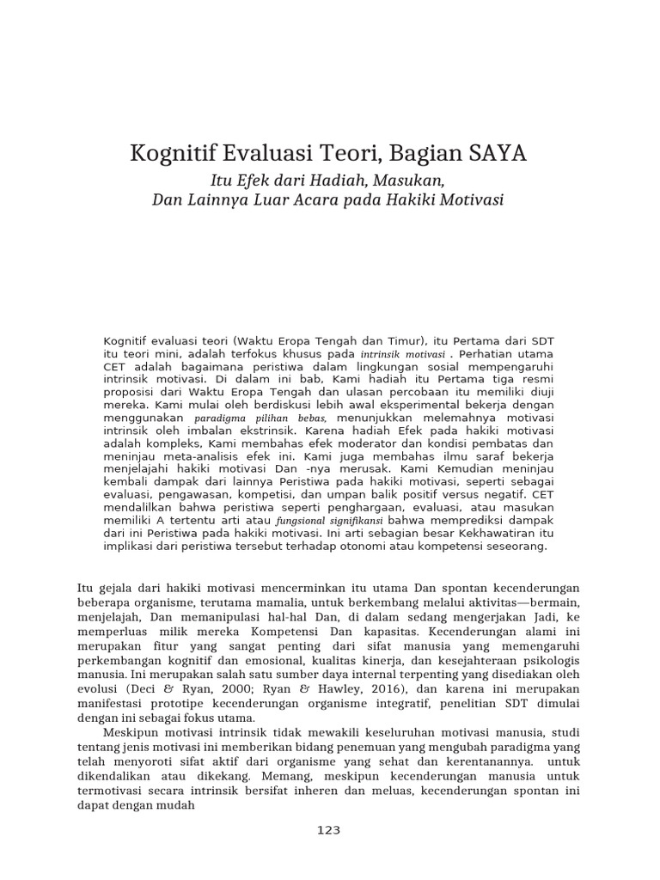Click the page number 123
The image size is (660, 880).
tap(329, 829)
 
